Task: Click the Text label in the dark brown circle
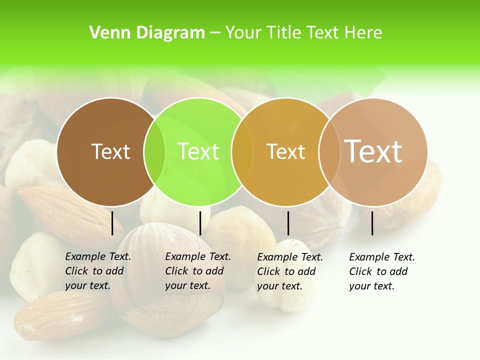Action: pos(110,151)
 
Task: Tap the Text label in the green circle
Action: pos(198,151)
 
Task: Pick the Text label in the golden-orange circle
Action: pos(285,151)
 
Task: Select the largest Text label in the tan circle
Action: pos(373,151)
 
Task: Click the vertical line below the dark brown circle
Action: pos(112,223)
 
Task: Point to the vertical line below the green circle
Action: pos(200,223)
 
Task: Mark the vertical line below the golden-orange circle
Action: pos(288,223)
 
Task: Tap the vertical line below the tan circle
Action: pos(372,223)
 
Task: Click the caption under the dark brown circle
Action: pos(97,271)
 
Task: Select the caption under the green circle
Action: pos(197,271)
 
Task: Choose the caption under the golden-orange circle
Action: pos(289,271)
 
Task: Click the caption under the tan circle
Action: pos(381,271)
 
